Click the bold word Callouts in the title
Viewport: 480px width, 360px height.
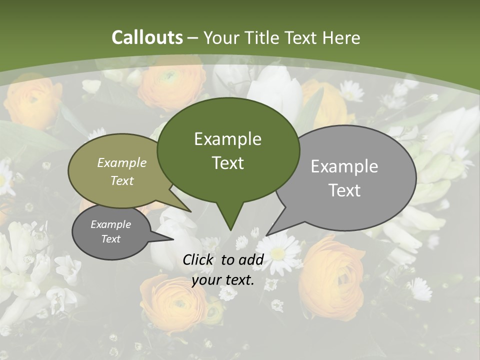point(147,37)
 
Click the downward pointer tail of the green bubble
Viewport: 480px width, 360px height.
point(230,220)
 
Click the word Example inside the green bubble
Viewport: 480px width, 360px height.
point(227,139)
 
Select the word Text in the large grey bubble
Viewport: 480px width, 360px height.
point(344,190)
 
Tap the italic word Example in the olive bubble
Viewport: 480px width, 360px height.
point(122,163)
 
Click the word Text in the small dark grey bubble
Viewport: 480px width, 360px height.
point(111,239)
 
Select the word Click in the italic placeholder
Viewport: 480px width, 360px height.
point(198,259)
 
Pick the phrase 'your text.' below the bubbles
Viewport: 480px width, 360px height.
point(223,280)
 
